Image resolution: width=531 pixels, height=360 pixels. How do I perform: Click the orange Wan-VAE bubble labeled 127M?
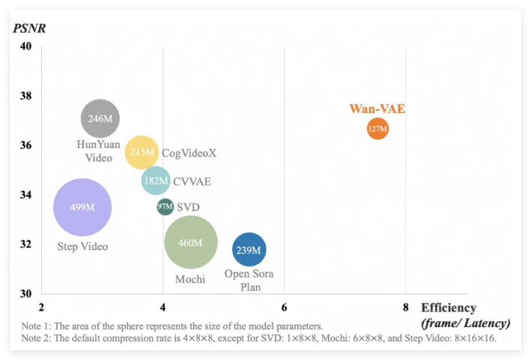click(377, 129)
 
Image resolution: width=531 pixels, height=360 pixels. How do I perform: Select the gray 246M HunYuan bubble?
click(100, 118)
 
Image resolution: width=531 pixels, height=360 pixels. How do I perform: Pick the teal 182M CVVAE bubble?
click(156, 180)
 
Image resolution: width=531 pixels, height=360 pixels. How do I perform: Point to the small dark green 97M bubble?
click(166, 207)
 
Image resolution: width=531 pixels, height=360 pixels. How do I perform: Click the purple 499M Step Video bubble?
click(82, 207)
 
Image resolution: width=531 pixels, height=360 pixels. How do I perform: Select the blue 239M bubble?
click(249, 250)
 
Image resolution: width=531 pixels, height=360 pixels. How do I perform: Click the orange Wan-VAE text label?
click(377, 109)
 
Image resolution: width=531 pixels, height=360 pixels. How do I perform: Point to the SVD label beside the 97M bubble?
click(188, 207)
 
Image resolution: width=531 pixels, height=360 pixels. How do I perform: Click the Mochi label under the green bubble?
click(190, 279)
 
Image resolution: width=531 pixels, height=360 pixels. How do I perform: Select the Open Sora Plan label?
click(249, 280)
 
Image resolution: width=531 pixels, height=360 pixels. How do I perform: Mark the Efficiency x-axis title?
click(448, 308)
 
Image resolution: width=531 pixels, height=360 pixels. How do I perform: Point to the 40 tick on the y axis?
click(25, 46)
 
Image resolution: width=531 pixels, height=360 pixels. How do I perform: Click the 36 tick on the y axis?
click(25, 145)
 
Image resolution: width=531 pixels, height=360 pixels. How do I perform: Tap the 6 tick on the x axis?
click(284, 307)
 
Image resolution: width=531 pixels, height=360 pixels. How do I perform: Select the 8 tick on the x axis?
click(405, 307)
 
